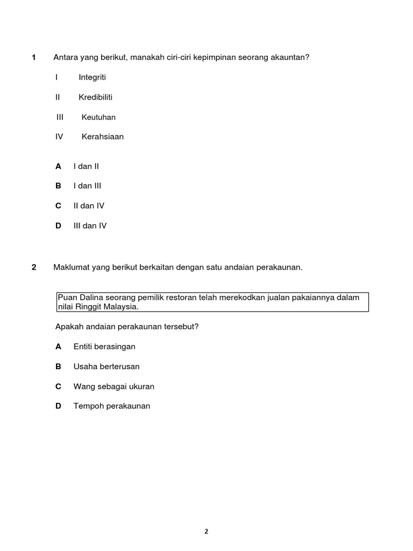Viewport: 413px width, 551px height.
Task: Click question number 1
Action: [33, 58]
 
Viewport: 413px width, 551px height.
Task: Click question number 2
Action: [33, 267]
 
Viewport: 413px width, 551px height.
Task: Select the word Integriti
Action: [92, 77]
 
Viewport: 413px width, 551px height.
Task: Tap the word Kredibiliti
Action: [95, 97]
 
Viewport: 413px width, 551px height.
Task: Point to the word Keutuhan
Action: [98, 117]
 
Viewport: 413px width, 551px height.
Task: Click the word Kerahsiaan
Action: [103, 137]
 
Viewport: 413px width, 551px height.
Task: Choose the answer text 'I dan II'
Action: [86, 166]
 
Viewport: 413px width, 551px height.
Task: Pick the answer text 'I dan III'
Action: [87, 186]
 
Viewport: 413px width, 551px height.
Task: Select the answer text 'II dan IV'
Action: [89, 206]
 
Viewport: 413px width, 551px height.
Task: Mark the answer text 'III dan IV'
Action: [90, 225]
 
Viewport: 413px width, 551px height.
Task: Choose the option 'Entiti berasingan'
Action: [104, 347]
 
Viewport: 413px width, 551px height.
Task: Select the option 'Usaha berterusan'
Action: [106, 366]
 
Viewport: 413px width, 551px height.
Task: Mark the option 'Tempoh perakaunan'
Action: [112, 406]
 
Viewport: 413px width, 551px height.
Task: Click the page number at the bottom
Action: [206, 532]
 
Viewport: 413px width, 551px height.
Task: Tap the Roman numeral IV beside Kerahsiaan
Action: [59, 137]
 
